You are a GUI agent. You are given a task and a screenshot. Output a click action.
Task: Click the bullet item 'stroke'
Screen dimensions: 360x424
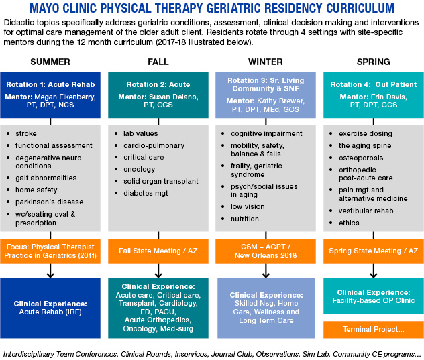26,133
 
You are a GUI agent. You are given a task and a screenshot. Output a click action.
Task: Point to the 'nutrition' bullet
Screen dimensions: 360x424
245,219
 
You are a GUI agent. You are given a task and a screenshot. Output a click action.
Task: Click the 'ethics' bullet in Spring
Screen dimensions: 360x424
349,223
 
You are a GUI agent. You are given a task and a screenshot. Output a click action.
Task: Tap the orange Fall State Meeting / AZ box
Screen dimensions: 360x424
158,250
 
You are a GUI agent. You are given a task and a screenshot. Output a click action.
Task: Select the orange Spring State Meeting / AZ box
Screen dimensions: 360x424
373,250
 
